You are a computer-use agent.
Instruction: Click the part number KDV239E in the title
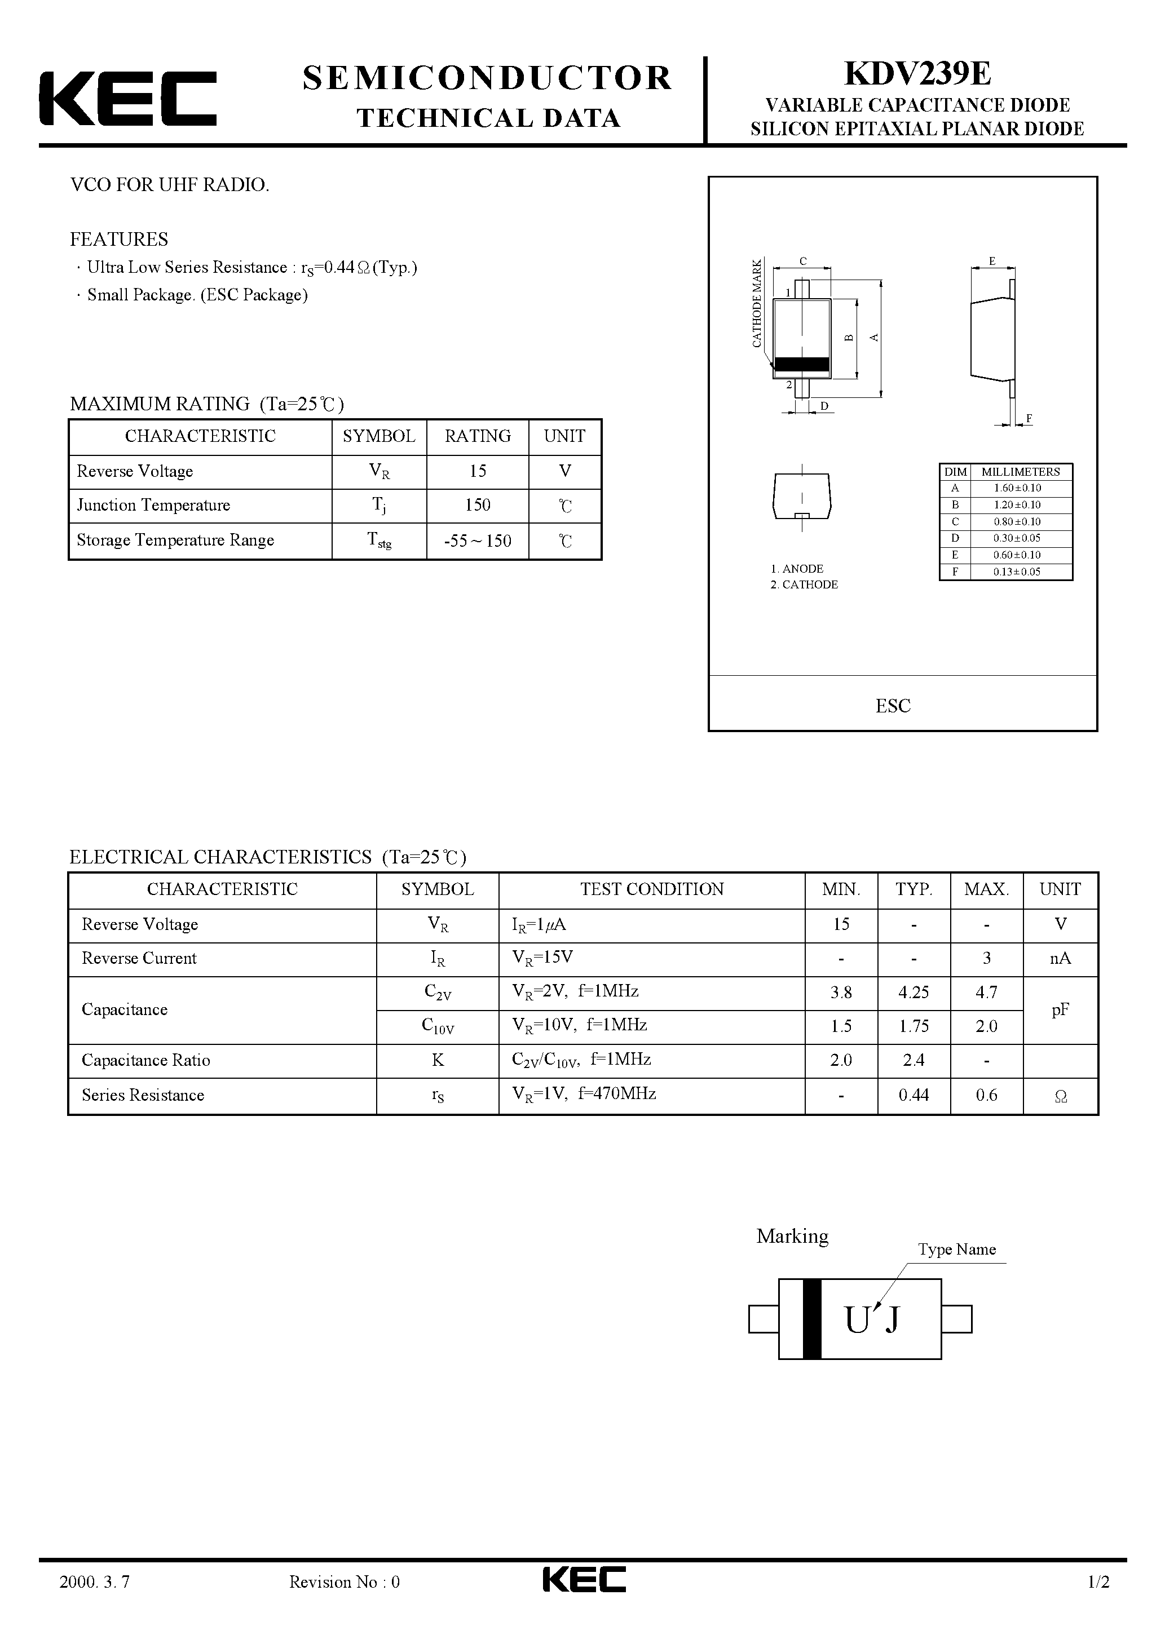(x=917, y=73)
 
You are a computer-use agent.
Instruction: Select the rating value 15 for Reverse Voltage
(x=478, y=471)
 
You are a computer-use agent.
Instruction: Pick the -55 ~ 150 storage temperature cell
(x=478, y=541)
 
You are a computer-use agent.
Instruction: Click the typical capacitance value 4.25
(x=914, y=992)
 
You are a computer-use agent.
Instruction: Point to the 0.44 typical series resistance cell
(x=914, y=1095)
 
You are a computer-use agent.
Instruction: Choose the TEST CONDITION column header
(x=651, y=889)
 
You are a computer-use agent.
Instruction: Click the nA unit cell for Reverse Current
(x=1060, y=958)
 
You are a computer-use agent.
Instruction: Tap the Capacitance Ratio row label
(x=146, y=1060)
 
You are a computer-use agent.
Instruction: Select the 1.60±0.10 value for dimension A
(x=1017, y=488)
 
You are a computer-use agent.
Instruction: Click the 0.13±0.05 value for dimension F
(x=1017, y=572)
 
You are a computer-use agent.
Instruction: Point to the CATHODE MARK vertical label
(x=756, y=304)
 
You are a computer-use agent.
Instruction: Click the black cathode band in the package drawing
(x=801, y=365)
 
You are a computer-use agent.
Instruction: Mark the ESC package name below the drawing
(x=893, y=706)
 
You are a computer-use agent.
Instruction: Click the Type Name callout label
(x=957, y=1250)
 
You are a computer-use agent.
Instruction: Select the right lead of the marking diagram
(x=956, y=1319)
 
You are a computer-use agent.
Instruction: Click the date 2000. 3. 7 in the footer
(x=95, y=1602)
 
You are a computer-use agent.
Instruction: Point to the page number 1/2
(x=1099, y=1602)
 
